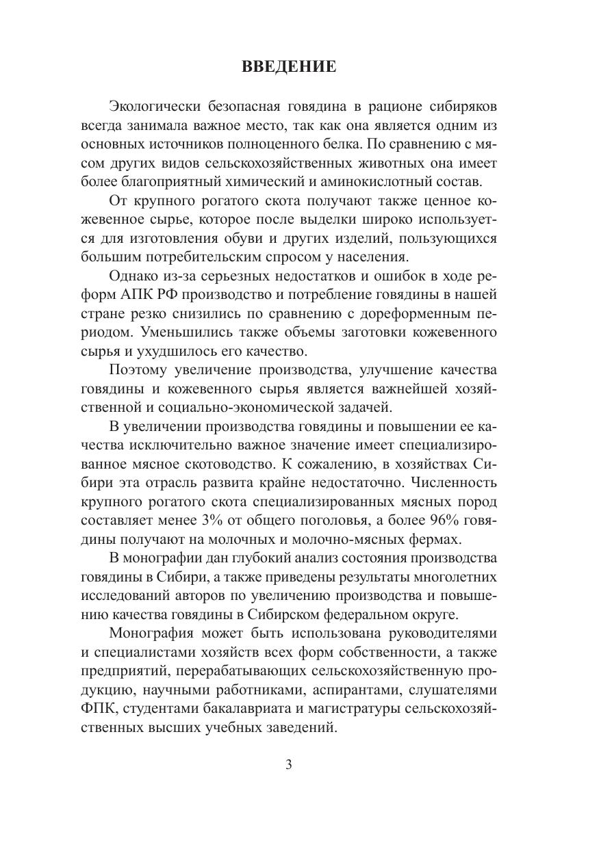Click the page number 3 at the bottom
(288, 764)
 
